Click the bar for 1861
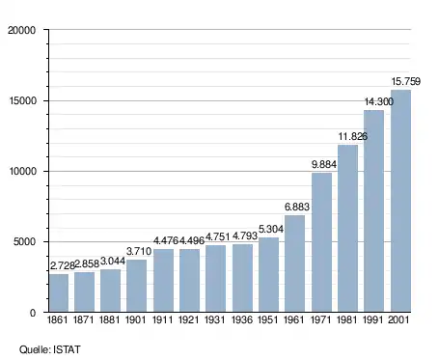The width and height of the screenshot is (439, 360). (x=59, y=292)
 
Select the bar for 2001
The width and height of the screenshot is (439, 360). (x=400, y=201)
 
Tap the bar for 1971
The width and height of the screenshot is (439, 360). (x=321, y=242)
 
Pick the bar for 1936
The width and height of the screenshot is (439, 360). (x=242, y=278)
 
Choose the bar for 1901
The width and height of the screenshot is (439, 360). (x=136, y=286)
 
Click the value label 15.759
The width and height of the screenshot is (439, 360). (x=405, y=81)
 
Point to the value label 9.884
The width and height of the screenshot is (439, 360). (x=324, y=164)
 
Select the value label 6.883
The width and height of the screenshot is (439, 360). (x=297, y=207)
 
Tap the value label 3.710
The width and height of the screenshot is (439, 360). (x=139, y=251)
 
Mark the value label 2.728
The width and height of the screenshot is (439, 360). (x=63, y=265)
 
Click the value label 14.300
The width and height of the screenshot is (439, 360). (x=378, y=101)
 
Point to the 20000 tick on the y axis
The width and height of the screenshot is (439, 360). (x=21, y=30)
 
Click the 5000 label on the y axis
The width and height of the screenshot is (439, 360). (x=24, y=241)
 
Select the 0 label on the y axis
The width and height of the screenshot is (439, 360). (x=33, y=313)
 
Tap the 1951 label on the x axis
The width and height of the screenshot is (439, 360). (x=267, y=319)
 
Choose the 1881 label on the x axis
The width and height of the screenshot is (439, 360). (x=109, y=319)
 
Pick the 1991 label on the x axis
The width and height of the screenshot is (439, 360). (x=373, y=319)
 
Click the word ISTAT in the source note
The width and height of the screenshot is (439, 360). (x=67, y=349)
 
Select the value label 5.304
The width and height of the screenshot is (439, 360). (x=271, y=229)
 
